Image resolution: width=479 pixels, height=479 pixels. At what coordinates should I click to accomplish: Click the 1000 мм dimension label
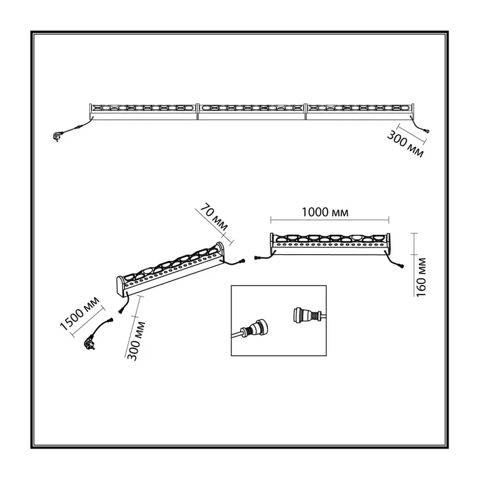(x=325, y=212)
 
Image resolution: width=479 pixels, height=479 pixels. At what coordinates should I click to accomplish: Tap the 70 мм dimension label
(x=214, y=217)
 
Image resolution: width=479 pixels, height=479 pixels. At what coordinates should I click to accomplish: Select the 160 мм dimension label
(x=421, y=277)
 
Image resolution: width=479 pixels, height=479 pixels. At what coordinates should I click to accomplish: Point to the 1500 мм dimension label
(x=80, y=313)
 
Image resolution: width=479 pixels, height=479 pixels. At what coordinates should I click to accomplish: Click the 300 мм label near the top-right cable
(x=405, y=144)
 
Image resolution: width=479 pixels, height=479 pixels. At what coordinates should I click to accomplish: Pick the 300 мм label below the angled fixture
(x=136, y=341)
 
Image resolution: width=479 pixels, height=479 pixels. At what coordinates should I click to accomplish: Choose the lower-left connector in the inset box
(x=254, y=330)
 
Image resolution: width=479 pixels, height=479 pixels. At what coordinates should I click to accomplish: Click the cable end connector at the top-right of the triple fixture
(x=427, y=131)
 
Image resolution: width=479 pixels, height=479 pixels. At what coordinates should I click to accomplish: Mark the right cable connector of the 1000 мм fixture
(x=400, y=266)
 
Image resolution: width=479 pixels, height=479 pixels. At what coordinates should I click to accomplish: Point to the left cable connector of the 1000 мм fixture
(x=257, y=258)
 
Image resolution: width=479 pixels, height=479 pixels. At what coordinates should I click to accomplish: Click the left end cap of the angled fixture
(x=120, y=286)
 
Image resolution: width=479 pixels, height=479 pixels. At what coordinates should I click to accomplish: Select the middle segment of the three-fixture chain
(x=251, y=111)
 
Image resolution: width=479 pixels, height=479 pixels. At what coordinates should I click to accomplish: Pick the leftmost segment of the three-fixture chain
(x=143, y=111)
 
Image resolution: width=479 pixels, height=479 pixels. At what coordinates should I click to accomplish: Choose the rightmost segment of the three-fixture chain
(x=360, y=111)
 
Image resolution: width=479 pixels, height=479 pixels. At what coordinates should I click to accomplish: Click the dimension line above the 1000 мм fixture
(x=330, y=220)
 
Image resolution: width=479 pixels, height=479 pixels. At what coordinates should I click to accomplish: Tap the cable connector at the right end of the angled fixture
(x=242, y=261)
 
